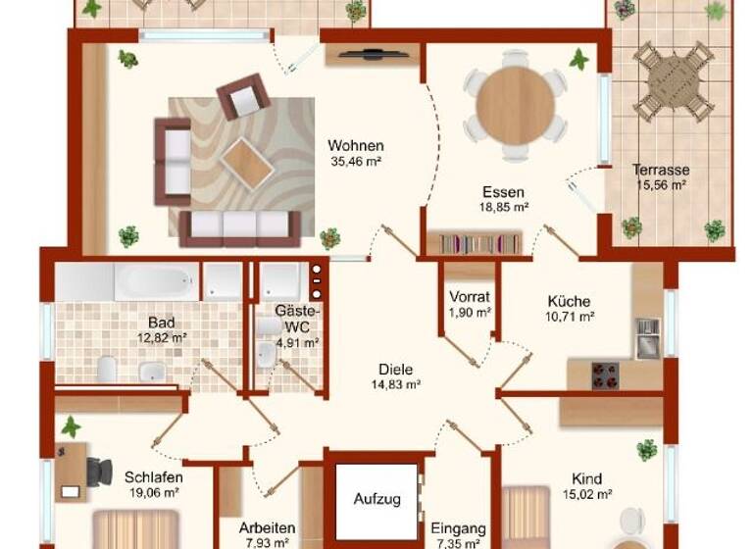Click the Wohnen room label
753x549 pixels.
(355, 146)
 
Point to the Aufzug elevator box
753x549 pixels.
(376, 498)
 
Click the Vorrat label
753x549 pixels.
(469, 296)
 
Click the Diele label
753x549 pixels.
(395, 370)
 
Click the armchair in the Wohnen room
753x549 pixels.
(242, 96)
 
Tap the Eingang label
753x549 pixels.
(457, 526)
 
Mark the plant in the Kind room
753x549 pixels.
(646, 449)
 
